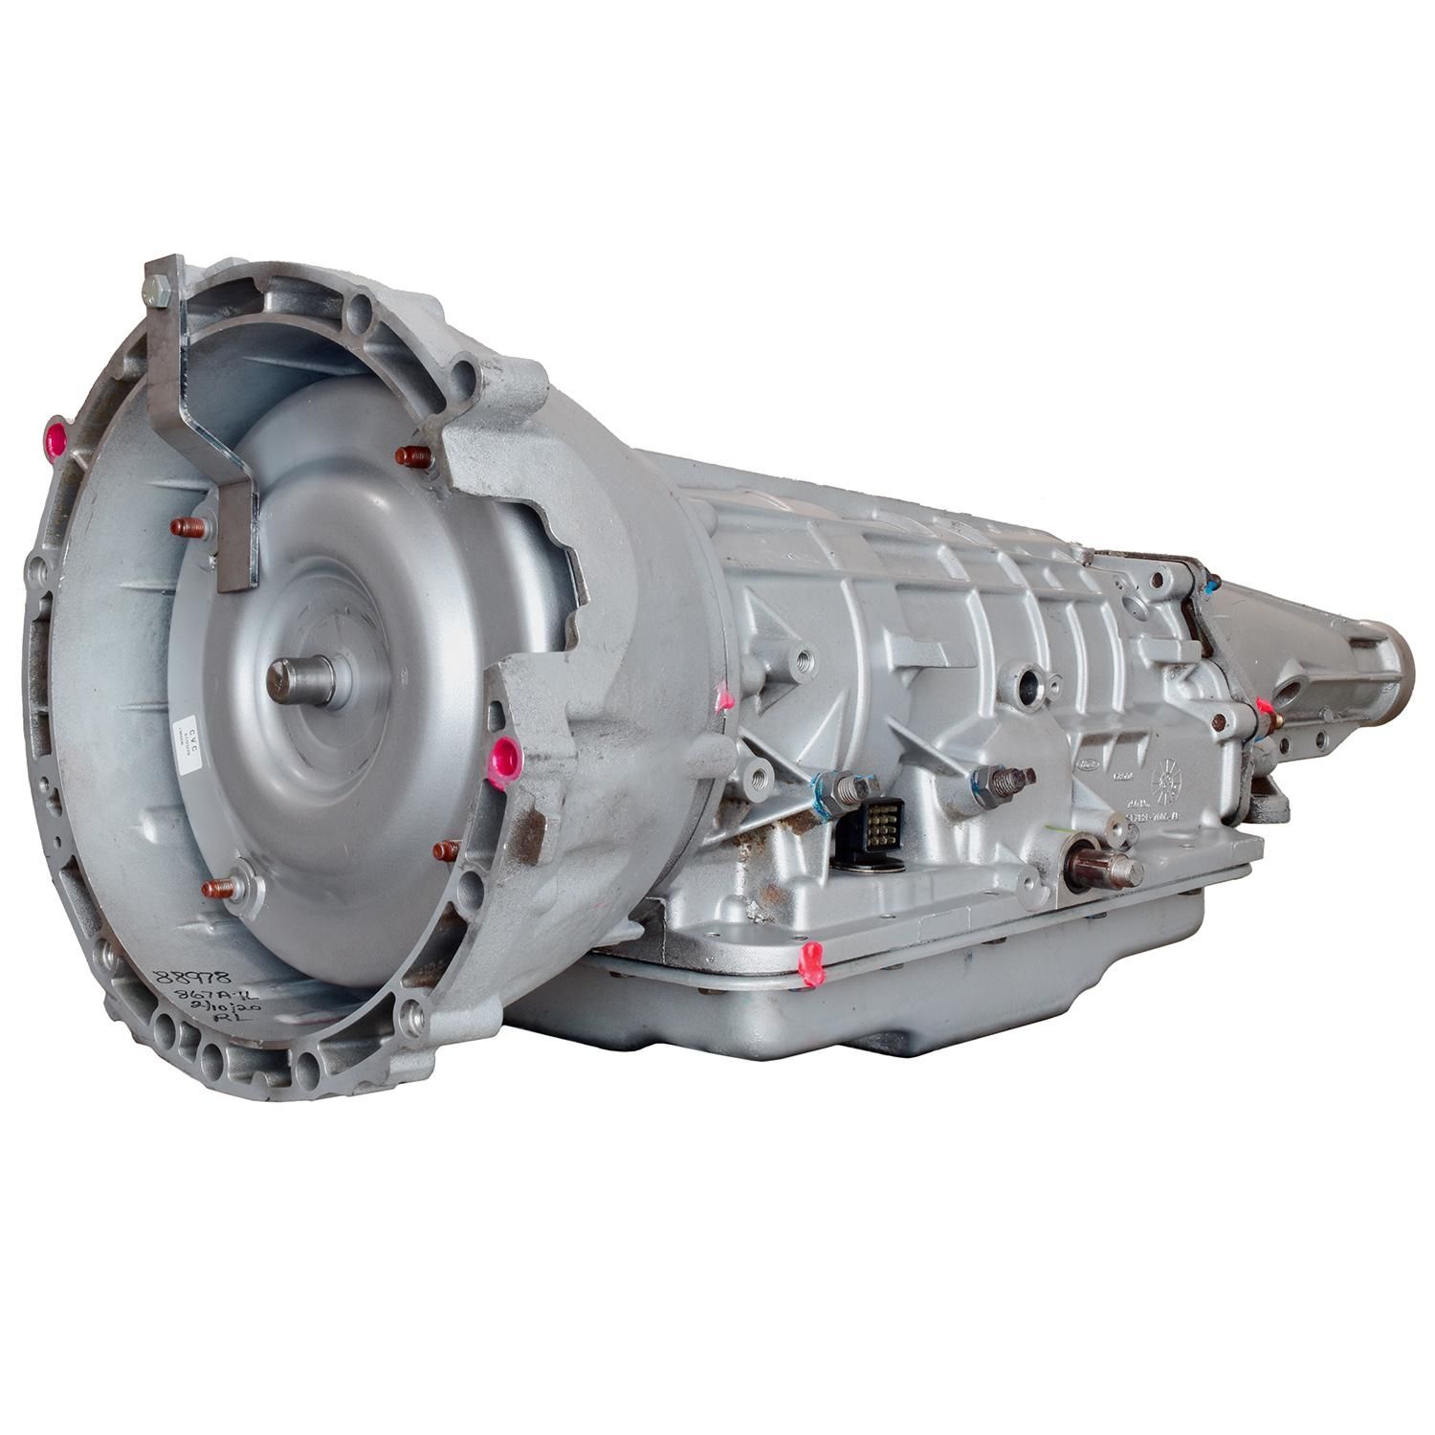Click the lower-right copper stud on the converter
pyautogui.click(x=448, y=850)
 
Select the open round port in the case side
pyautogui.click(x=1029, y=683)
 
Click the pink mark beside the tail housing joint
pyautogui.click(x=1268, y=709)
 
